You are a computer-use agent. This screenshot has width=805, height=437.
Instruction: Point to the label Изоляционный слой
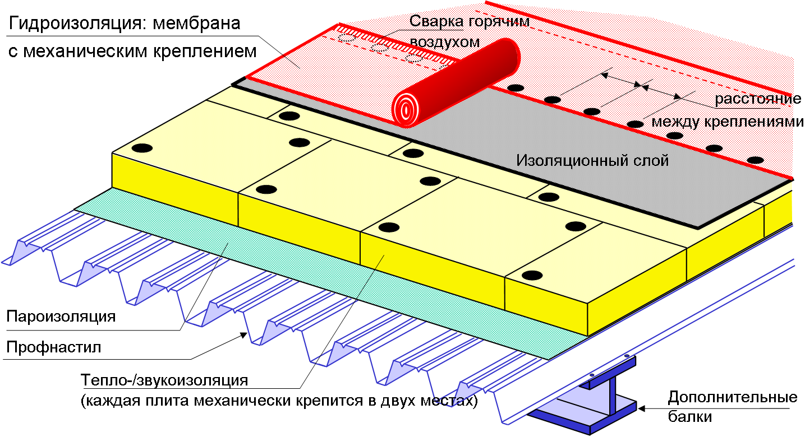click(592, 161)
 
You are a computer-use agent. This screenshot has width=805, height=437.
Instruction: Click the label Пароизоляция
click(61, 316)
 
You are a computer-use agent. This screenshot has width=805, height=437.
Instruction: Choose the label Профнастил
click(53, 347)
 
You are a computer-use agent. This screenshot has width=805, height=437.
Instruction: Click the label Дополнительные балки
click(732, 407)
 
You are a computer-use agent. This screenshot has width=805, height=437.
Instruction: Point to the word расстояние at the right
click(757, 100)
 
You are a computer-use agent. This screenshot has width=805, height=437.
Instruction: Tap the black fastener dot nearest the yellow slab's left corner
click(142, 148)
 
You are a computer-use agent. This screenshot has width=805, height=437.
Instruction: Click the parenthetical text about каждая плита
click(278, 401)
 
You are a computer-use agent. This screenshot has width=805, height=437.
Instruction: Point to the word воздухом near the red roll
click(445, 42)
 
